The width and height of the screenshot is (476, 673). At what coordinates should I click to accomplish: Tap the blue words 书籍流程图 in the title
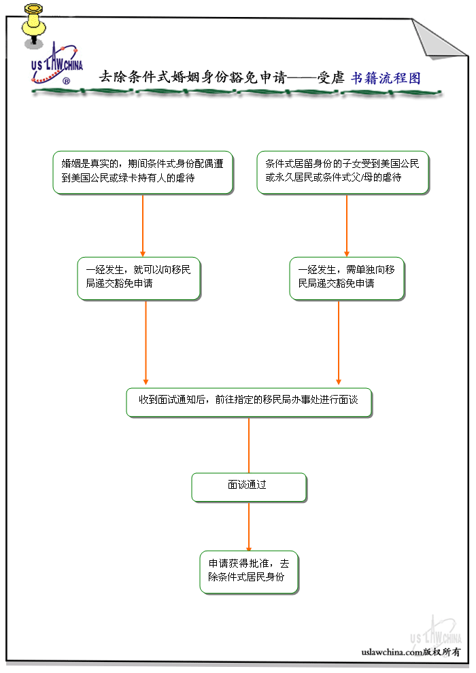pos(386,77)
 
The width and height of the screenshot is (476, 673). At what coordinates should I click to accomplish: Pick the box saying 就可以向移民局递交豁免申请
pos(139,277)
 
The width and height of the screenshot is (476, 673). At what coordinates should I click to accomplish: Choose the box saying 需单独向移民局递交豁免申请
pos(347,277)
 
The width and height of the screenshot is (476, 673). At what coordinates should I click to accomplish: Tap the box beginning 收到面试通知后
pos(249,402)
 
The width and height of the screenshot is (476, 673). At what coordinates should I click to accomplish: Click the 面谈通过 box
pos(249,487)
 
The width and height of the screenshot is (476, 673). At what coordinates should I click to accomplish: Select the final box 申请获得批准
pos(249,571)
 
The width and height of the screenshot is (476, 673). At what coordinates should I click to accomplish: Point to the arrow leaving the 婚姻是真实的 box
pos(143,224)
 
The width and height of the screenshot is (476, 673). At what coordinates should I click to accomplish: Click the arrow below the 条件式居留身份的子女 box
pos(347,224)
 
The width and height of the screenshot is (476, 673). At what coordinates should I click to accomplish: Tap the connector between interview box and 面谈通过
pos(249,445)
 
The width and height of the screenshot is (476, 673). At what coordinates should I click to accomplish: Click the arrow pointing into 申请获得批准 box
pos(249,527)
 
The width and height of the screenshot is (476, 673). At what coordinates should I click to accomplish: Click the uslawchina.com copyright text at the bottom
pos(411,652)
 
